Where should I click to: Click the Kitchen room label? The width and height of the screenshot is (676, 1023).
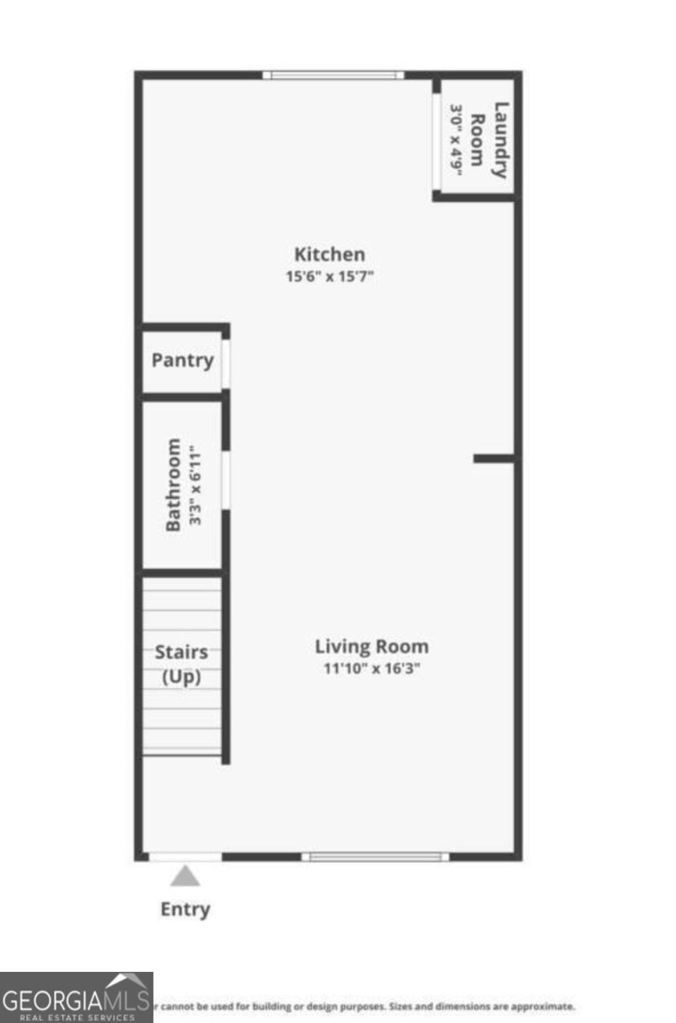(329, 254)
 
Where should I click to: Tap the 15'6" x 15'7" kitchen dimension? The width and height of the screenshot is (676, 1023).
(330, 276)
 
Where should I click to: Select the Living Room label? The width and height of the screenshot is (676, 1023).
(372, 646)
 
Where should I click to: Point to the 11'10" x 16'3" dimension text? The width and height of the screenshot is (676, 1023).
(372, 668)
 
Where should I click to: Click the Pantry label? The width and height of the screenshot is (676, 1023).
(182, 360)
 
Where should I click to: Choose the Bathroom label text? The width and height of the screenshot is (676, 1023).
(174, 485)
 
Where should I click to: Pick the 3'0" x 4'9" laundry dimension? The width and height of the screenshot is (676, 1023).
(456, 140)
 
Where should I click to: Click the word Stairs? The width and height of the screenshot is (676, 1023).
(182, 652)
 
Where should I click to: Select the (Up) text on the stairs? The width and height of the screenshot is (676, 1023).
(182, 677)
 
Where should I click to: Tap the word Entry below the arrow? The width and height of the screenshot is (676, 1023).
(185, 909)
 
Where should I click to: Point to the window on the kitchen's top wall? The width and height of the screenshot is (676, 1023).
(332, 75)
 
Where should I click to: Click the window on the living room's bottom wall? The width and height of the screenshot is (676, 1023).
(375, 856)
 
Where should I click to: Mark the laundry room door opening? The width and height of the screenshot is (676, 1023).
(436, 141)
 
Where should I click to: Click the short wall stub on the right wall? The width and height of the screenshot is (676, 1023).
(494, 459)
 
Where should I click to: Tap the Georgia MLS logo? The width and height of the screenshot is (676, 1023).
(76, 997)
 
